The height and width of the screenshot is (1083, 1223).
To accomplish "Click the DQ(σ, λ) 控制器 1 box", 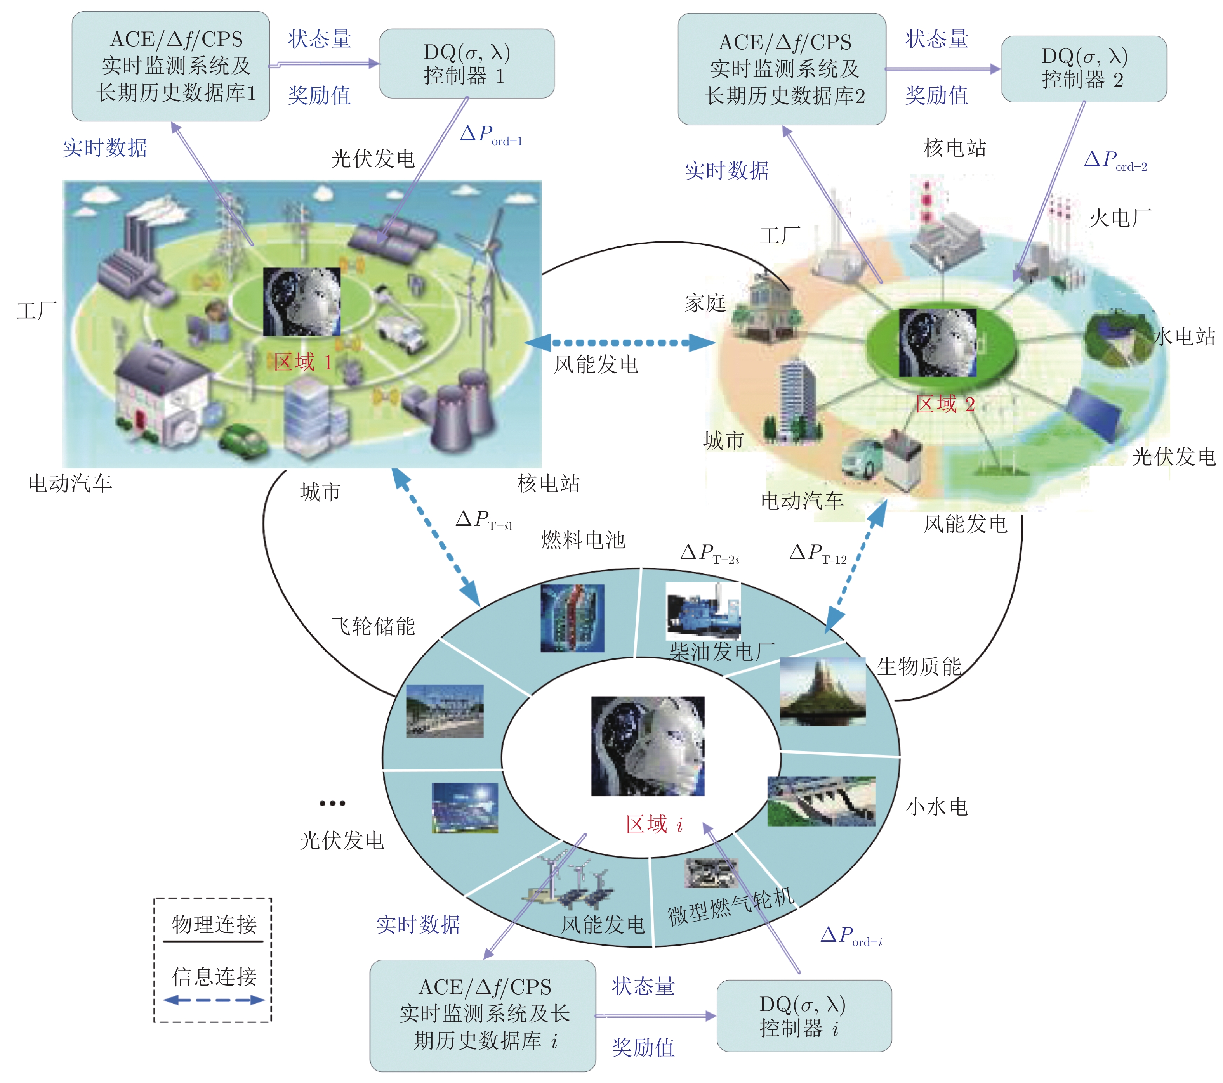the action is coord(467,63).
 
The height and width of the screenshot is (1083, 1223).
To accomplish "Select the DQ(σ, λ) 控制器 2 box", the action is coord(1084,69).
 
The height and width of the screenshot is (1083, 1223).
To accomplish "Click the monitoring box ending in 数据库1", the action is coord(170,66).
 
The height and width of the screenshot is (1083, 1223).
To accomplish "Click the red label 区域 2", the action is coord(945,404).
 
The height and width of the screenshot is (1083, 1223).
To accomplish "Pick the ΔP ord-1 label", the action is coord(491,135).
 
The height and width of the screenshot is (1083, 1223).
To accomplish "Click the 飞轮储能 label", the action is coord(374,626).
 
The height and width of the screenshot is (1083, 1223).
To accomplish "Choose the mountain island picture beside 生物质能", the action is coord(823,692).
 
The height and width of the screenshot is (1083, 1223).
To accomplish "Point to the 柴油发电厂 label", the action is coord(722,651).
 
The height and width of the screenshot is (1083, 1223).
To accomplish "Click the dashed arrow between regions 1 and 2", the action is coord(620,343).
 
